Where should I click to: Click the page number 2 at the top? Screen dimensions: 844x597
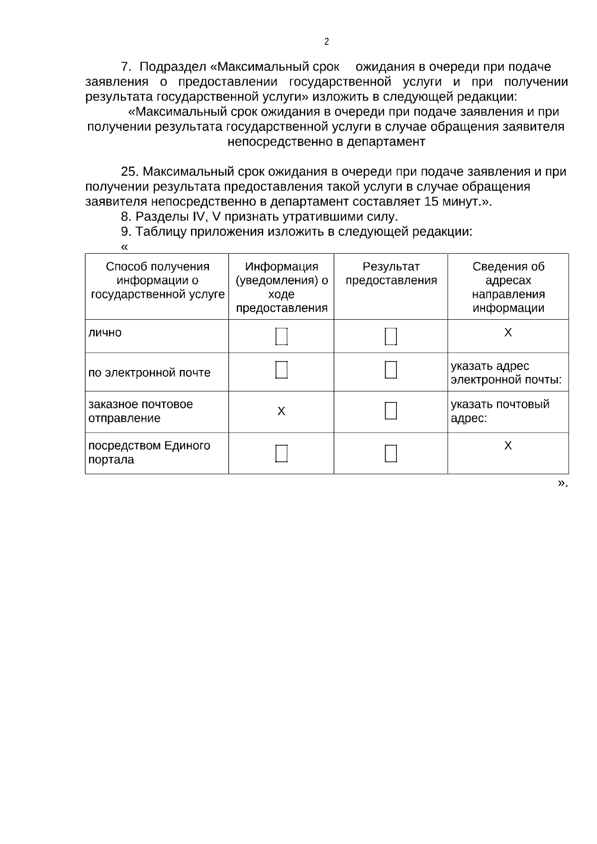[x=326, y=42]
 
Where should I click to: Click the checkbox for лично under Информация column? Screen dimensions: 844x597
[x=282, y=336]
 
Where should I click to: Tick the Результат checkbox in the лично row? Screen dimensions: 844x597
[x=391, y=336]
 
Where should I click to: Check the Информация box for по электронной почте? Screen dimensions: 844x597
[x=282, y=370]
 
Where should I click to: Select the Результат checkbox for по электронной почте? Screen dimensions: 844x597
[x=391, y=370]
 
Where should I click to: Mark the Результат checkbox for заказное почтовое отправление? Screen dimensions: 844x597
[x=391, y=411]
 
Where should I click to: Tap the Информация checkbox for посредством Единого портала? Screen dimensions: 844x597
[x=282, y=453]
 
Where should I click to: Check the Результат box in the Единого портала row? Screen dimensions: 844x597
[x=391, y=453]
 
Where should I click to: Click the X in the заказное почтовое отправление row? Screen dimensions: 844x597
[x=281, y=411]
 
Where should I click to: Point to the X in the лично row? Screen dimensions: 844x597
[x=507, y=332]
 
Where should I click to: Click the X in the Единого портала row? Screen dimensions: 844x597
[x=507, y=446]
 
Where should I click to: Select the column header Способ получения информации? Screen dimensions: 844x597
[x=157, y=281]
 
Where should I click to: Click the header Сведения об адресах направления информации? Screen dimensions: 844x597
[x=508, y=287]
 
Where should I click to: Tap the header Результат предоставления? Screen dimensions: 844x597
[x=391, y=274]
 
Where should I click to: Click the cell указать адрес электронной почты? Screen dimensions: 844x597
[x=506, y=373]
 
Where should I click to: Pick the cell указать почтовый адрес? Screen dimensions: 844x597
[x=499, y=411]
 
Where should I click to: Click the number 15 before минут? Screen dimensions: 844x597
[x=431, y=202]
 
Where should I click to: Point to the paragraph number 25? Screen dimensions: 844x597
[x=129, y=172]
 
